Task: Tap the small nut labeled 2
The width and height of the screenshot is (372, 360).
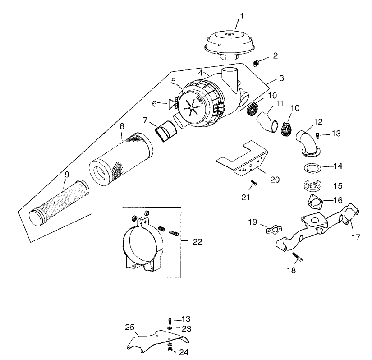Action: (x=256, y=63)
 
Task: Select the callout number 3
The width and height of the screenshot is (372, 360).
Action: (x=281, y=78)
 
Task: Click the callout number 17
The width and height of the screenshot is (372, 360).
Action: (x=356, y=237)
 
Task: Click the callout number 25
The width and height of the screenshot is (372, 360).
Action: (x=129, y=327)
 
